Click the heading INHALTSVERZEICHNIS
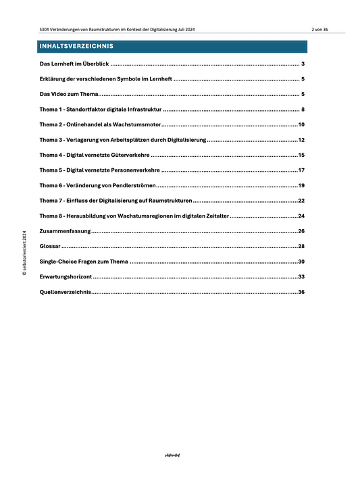pos(76,47)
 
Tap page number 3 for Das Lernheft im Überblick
pos(304,64)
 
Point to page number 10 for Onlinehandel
pos(302,125)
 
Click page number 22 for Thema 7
pos(302,201)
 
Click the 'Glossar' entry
pos(50,247)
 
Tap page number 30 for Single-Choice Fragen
pos(302,262)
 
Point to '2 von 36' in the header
pos(319,30)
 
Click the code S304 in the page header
pos(45,30)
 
